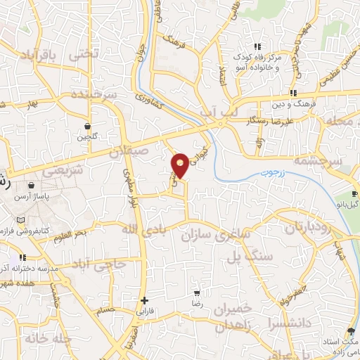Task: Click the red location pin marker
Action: point(181,165)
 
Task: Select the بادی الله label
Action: point(138,229)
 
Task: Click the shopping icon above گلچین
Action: point(87,127)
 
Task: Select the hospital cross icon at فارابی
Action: point(144,300)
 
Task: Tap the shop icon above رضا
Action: point(197,292)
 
